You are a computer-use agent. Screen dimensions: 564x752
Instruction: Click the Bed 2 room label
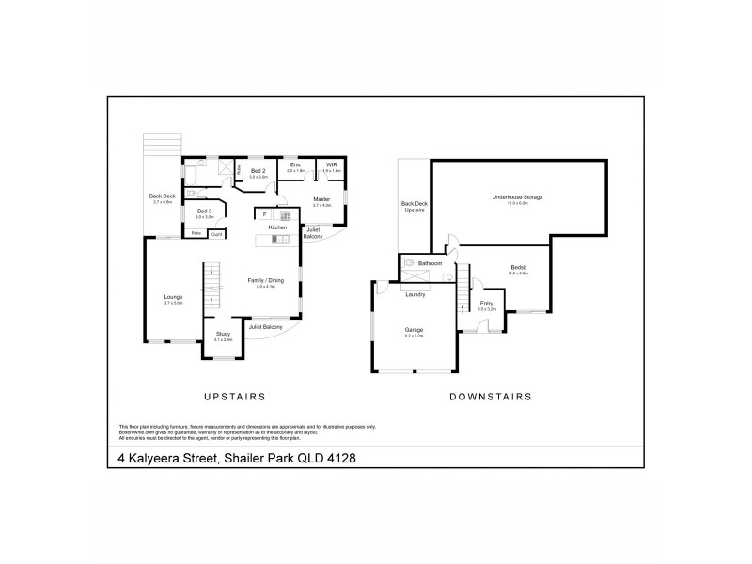258,171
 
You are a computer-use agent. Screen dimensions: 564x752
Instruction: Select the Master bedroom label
321,199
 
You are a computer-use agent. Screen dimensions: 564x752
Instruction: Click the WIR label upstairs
331,165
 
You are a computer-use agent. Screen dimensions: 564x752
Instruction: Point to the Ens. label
295,165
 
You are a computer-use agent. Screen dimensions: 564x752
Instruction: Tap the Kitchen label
278,227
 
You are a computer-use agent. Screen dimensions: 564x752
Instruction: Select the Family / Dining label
264,280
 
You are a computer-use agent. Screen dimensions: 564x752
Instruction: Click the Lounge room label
173,298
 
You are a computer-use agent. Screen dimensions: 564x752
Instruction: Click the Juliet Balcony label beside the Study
266,326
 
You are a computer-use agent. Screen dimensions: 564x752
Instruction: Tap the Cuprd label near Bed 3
216,232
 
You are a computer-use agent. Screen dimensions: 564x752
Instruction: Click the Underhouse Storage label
518,196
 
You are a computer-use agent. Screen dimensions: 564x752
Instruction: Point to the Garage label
414,330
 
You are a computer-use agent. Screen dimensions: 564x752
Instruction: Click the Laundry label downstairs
415,295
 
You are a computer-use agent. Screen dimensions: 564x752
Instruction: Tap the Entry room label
486,303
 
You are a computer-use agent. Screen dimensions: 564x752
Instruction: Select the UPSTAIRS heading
235,397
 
